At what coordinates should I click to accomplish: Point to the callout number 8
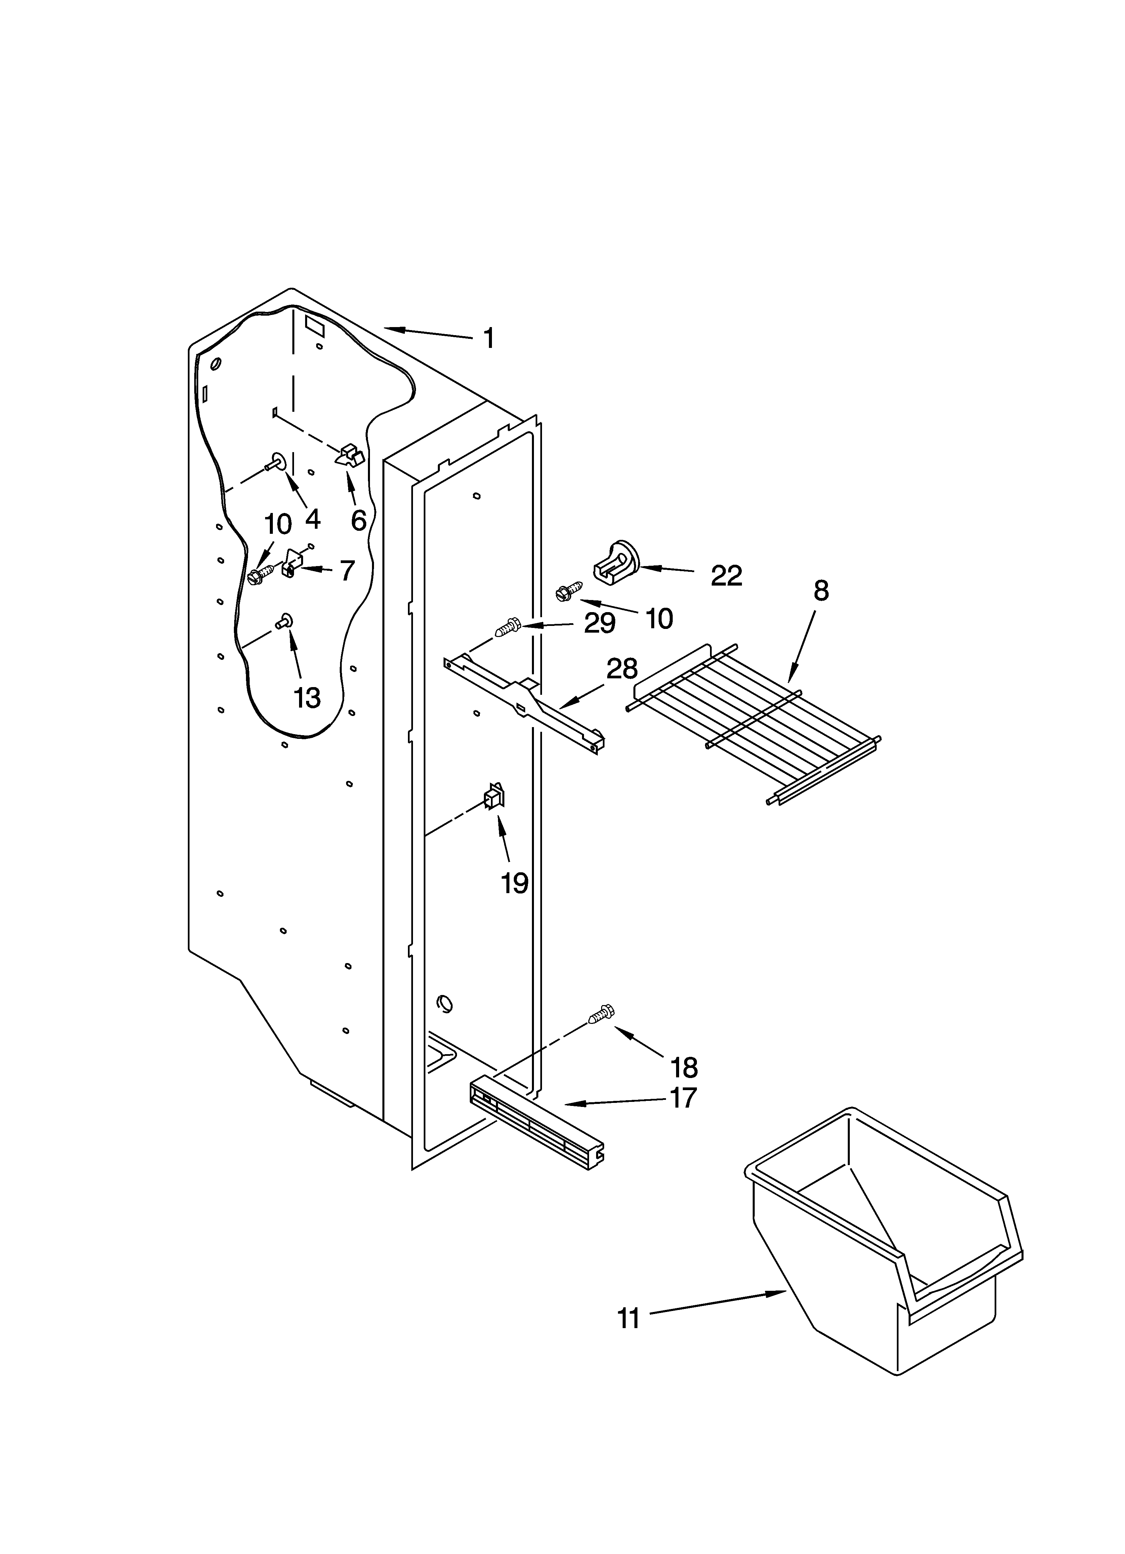[x=821, y=591]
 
